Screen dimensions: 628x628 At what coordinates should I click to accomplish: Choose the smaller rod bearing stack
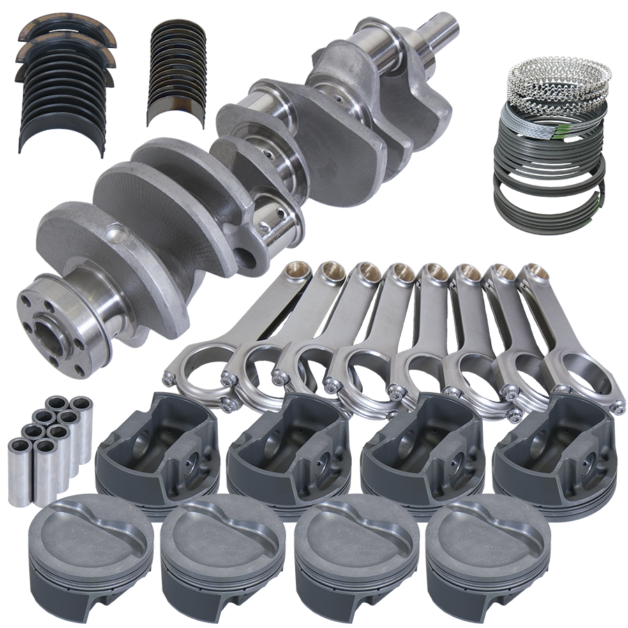pyautogui.click(x=178, y=73)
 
